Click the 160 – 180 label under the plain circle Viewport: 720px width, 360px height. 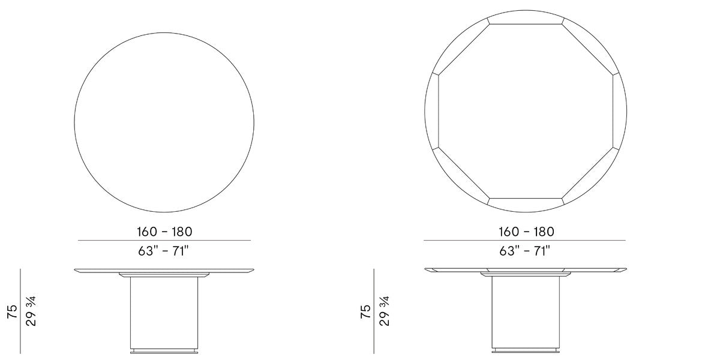point(164,232)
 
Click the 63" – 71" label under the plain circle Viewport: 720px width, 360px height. point(163,251)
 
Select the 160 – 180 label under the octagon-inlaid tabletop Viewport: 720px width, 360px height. point(526,232)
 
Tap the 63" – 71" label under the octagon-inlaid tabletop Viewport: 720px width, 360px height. point(525,251)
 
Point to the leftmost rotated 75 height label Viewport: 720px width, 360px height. point(12,311)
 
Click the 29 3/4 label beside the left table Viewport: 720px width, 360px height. point(31,311)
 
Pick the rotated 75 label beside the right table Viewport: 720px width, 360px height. point(365,311)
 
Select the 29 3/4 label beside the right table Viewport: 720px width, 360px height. point(384,311)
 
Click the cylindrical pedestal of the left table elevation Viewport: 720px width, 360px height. point(164,313)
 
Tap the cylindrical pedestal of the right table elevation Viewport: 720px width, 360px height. point(526,313)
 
